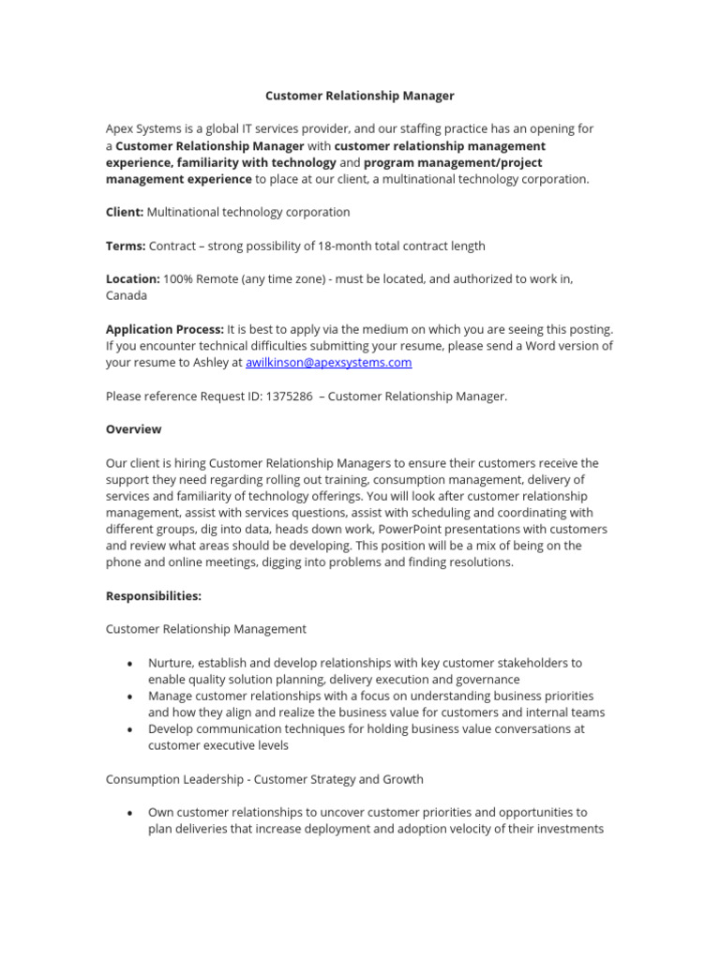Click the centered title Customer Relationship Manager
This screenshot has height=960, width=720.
(x=360, y=96)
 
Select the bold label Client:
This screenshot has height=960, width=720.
(x=124, y=213)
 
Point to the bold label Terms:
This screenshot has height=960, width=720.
(x=126, y=247)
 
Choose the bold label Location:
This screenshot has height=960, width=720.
(x=133, y=279)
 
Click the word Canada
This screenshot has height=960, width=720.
(x=126, y=295)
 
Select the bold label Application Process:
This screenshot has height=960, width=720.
(x=164, y=329)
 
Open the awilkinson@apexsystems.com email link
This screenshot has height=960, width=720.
(x=328, y=363)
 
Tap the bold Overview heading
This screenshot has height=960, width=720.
(x=133, y=429)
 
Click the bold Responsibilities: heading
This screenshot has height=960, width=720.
(x=153, y=596)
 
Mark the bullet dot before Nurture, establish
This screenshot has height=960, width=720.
(x=129, y=664)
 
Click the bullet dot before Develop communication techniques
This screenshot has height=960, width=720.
(x=129, y=729)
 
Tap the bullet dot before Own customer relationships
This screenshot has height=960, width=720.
(x=129, y=813)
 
